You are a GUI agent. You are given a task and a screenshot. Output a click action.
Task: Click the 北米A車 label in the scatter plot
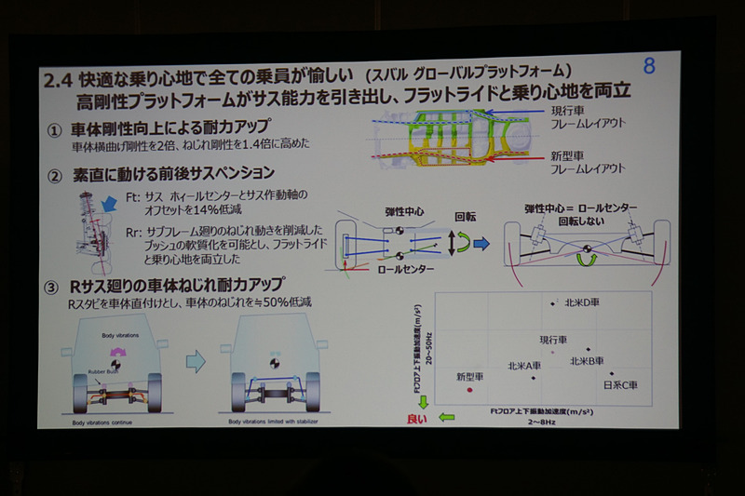coord(522,366)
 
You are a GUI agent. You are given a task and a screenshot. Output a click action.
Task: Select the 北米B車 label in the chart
coord(587,360)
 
